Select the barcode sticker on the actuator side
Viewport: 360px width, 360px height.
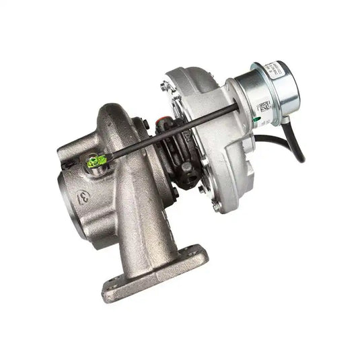click(264, 108)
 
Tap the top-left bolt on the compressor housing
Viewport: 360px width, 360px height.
click(164, 85)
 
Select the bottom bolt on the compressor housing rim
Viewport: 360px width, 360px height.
click(215, 207)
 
